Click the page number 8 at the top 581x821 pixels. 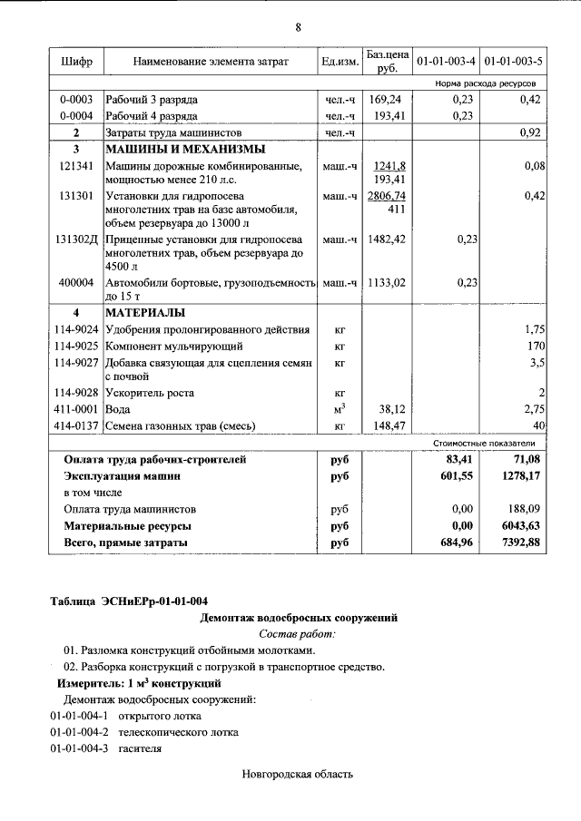[298, 26]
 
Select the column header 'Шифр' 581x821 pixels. [76, 62]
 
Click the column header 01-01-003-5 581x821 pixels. [513, 62]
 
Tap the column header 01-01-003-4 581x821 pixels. [445, 62]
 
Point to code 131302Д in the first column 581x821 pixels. [76, 239]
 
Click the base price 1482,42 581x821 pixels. [386, 239]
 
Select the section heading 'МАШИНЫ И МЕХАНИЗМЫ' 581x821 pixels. [172, 149]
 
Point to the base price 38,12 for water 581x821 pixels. [389, 409]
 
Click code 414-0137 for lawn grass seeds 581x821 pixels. [76, 425]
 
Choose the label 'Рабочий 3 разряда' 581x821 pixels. [152, 100]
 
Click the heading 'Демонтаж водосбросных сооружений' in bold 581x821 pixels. [298, 618]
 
